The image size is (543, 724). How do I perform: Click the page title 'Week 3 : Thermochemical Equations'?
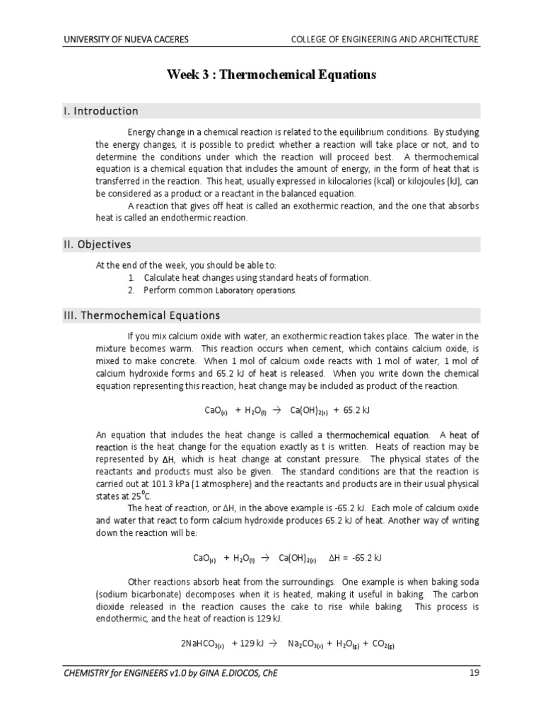coord(271,74)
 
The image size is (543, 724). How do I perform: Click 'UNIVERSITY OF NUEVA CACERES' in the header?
coord(127,40)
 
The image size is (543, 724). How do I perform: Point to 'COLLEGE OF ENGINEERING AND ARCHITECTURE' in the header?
coord(385,40)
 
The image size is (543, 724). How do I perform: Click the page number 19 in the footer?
coord(474,672)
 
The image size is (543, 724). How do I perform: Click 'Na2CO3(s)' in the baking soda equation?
coord(305,644)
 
